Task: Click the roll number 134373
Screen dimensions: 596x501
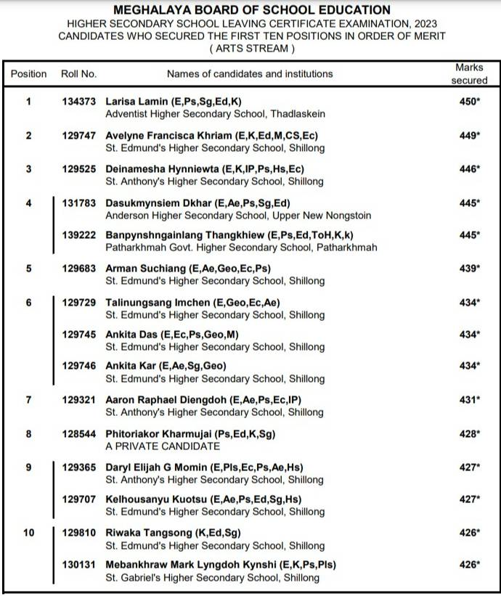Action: (78, 102)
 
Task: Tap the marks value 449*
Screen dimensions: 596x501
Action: (470, 136)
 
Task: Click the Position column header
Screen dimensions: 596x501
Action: (29, 74)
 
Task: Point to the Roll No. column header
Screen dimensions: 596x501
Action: (78, 74)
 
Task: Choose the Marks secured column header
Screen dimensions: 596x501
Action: (469, 74)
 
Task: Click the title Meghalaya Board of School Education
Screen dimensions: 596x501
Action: (251, 10)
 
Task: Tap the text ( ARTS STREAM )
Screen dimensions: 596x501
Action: (252, 49)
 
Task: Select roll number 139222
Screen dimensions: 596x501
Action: (78, 235)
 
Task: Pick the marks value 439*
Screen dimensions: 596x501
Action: (470, 269)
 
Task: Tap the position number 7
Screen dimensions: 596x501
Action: (28, 400)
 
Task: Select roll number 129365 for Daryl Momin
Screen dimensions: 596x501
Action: (78, 468)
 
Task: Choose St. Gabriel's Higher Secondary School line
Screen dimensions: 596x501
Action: (212, 578)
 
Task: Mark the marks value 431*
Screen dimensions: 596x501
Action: (470, 400)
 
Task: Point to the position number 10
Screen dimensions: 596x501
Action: (28, 533)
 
